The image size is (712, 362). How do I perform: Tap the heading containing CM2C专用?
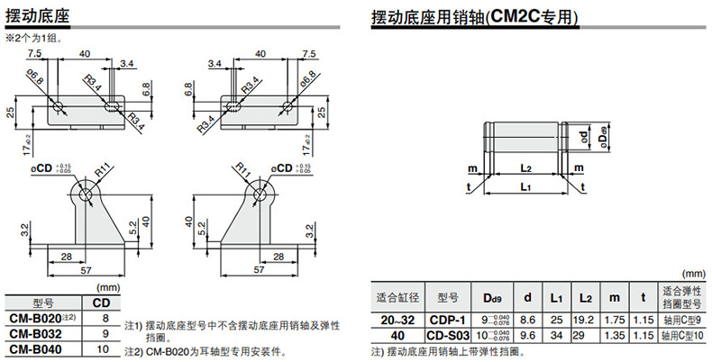click(x=488, y=16)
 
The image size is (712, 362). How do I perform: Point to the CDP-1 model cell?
click(x=447, y=320)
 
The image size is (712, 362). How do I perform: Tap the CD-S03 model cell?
click(x=447, y=335)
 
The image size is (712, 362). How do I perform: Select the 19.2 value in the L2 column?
click(x=586, y=320)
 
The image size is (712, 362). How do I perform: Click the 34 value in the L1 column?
click(x=556, y=335)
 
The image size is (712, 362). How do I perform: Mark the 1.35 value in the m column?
click(x=615, y=335)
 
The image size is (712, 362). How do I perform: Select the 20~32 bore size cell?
click(x=397, y=320)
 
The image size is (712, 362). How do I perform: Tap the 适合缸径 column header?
click(x=397, y=297)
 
